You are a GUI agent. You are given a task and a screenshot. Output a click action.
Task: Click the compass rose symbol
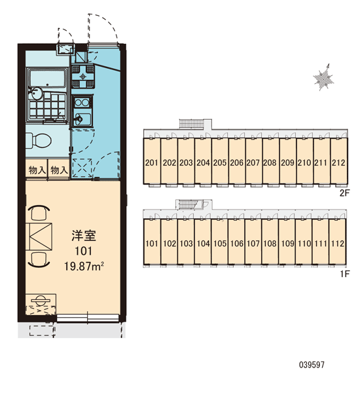click(324, 78)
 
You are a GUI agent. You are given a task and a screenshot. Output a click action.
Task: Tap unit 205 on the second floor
click(220, 162)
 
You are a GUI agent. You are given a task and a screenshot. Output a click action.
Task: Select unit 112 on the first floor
click(338, 242)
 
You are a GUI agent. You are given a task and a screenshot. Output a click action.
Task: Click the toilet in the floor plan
click(39, 140)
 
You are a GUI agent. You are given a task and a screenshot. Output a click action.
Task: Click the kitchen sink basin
click(82, 119)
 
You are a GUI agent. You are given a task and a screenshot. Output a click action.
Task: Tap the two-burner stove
click(82, 103)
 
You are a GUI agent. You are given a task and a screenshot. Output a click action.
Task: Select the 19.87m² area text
click(84, 266)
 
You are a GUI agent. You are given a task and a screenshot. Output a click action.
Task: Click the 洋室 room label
click(83, 235)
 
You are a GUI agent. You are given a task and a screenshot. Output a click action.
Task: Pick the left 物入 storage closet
click(37, 170)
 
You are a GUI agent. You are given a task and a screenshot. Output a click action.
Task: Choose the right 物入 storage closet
click(59, 170)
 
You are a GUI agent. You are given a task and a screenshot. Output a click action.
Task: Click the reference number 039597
click(312, 364)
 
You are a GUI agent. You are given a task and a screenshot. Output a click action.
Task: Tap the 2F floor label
click(344, 193)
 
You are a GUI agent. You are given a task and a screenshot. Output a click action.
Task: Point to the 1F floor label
click(345, 274)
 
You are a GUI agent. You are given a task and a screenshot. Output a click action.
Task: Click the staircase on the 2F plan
click(192, 124)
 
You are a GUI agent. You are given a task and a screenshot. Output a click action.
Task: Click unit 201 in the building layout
click(152, 162)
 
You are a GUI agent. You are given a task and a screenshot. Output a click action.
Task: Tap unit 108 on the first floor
click(270, 242)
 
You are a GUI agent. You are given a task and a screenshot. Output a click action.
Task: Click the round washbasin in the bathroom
click(36, 94)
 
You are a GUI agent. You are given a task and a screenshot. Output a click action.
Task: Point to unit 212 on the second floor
click(338, 162)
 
